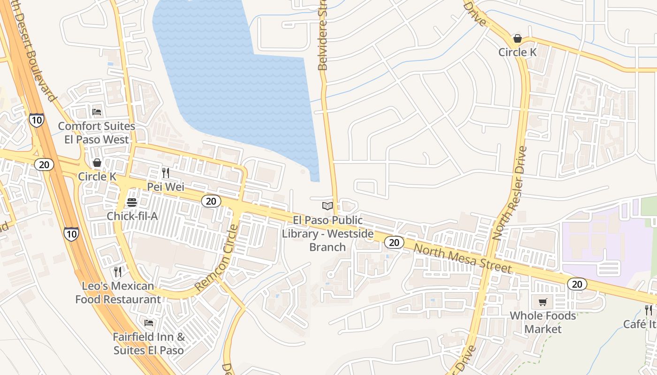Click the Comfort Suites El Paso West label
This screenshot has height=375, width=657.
click(x=97, y=133)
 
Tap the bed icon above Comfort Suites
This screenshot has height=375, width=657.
click(x=97, y=112)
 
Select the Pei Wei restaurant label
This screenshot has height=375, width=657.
click(x=166, y=187)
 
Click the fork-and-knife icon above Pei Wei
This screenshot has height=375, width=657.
click(x=166, y=173)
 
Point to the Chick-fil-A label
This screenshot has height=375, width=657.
click(x=131, y=216)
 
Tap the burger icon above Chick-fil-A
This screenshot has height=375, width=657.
click(x=132, y=202)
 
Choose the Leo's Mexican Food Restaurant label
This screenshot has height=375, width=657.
click(x=118, y=292)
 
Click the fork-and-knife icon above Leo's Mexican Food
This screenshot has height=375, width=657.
click(x=118, y=272)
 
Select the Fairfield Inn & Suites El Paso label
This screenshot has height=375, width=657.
click(x=149, y=344)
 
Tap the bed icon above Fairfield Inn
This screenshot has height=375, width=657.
click(x=149, y=323)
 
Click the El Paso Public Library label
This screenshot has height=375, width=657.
click(x=328, y=233)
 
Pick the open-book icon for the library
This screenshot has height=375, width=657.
click(x=328, y=206)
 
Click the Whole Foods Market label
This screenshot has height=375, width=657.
click(x=543, y=322)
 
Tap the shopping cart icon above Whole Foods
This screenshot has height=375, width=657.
click(x=543, y=302)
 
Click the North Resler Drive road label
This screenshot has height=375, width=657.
click(x=510, y=193)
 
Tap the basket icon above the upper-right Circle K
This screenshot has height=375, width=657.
click(x=518, y=38)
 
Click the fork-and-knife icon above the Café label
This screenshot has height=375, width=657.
click(x=649, y=310)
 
